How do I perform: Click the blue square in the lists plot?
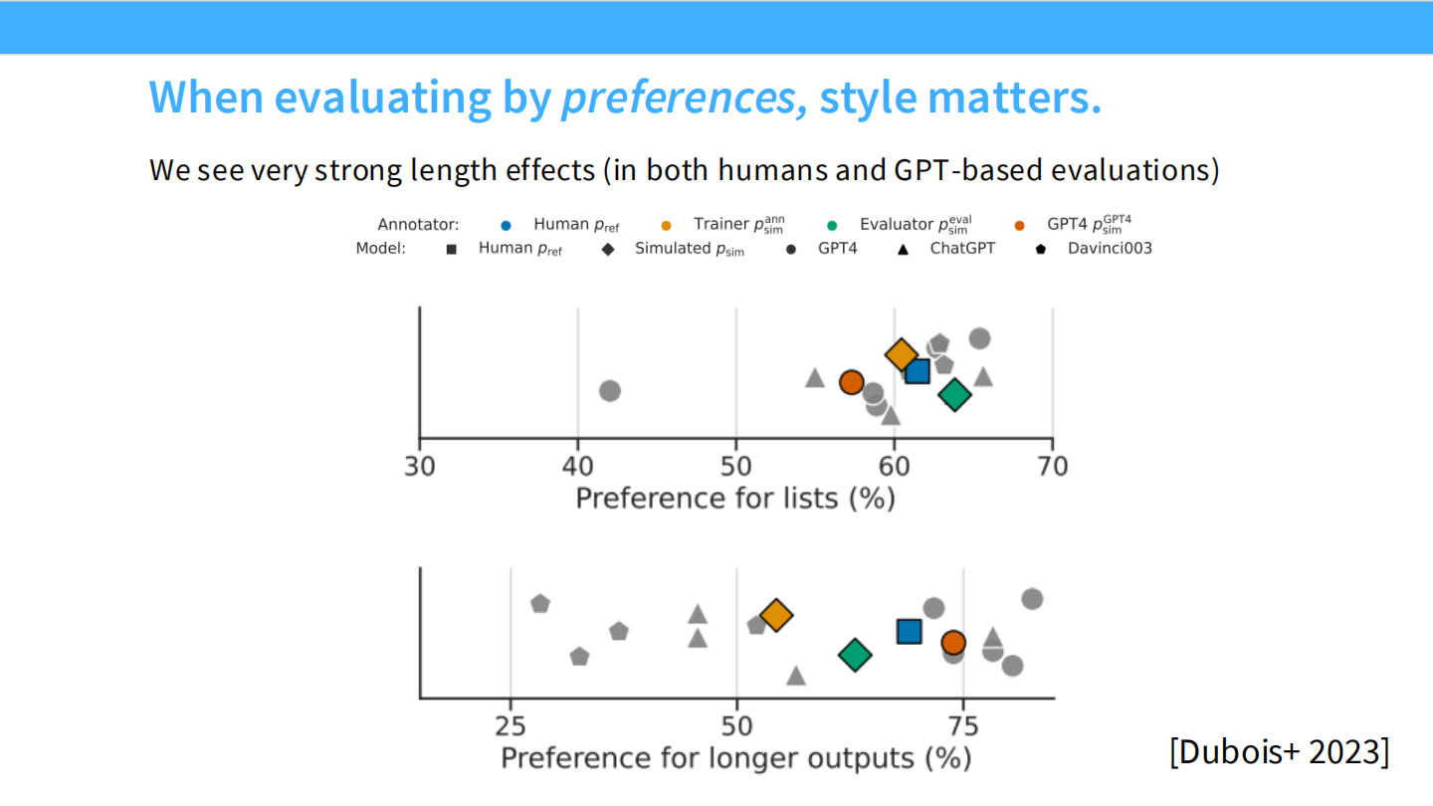pyautogui.click(x=917, y=371)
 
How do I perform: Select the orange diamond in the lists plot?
pyautogui.click(x=901, y=354)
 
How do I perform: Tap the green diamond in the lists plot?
pyautogui.click(x=954, y=395)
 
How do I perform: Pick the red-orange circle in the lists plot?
pyautogui.click(x=851, y=382)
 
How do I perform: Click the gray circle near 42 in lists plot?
pyautogui.click(x=610, y=391)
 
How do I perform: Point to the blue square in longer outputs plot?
pyautogui.click(x=910, y=632)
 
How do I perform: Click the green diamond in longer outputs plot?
pyautogui.click(x=855, y=655)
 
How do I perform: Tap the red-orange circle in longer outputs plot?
pyautogui.click(x=953, y=643)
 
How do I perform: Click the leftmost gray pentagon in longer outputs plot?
pyautogui.click(x=540, y=604)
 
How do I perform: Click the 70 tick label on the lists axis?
pyautogui.click(x=1052, y=466)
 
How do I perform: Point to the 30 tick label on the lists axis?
pyautogui.click(x=420, y=466)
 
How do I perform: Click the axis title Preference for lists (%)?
pyautogui.click(x=735, y=498)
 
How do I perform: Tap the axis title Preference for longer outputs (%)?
pyautogui.click(x=735, y=758)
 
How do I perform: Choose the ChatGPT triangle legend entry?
pyautogui.click(x=904, y=249)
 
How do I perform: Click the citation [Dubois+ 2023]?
pyautogui.click(x=1279, y=751)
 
